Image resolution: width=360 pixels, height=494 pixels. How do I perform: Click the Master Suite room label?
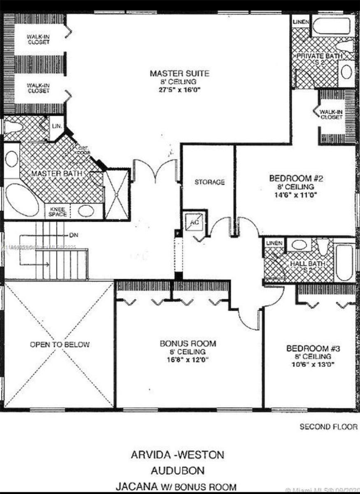[179, 74]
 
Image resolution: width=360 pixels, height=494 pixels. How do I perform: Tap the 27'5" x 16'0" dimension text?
[179, 90]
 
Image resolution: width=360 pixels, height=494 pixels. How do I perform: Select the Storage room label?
[209, 182]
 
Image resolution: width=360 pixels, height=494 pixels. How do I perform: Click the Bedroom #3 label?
[313, 349]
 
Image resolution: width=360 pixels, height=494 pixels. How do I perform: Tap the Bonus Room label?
[188, 343]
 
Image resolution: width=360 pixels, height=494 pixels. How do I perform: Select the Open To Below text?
[60, 344]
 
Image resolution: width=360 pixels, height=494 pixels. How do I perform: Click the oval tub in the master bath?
[21, 200]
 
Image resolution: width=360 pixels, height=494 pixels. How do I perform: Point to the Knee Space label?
[57, 211]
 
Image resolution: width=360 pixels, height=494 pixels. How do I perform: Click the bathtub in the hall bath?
[344, 262]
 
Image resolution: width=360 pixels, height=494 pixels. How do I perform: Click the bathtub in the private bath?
[331, 26]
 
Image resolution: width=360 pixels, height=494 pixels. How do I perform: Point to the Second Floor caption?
[328, 427]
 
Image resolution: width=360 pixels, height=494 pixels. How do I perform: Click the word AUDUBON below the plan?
[177, 470]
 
